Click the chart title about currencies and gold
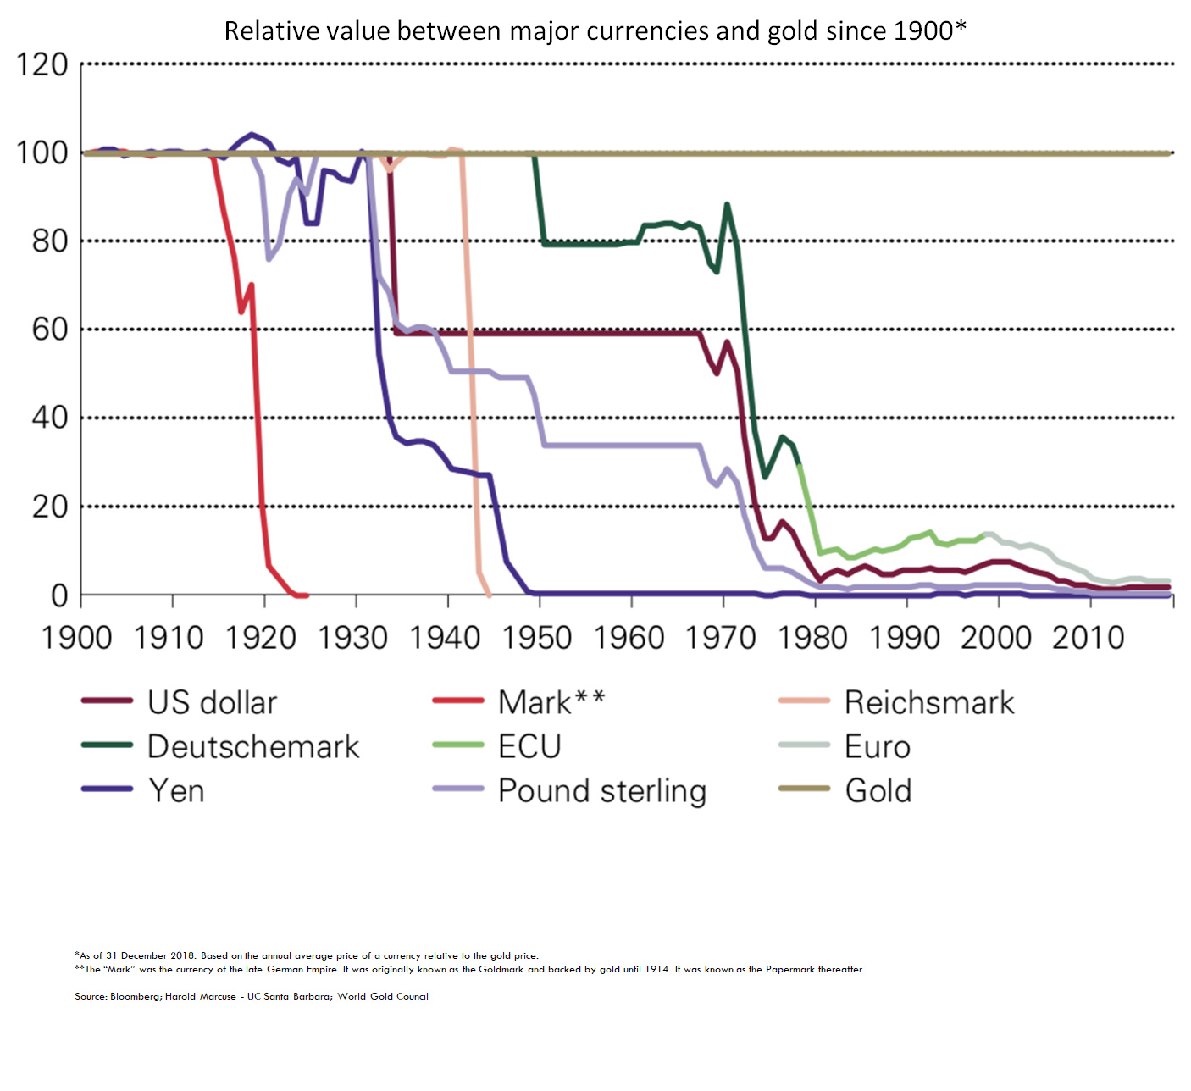tap(595, 30)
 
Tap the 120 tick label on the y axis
tap(42, 65)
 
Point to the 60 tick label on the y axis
tap(50, 330)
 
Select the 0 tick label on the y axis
tap(59, 595)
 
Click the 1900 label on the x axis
tap(77, 638)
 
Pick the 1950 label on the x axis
tap(537, 638)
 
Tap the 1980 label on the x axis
tap(812, 638)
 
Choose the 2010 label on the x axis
tap(1089, 638)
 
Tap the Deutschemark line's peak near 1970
tap(727, 204)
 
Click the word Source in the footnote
tap(91, 996)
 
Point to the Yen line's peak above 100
tap(251, 135)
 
